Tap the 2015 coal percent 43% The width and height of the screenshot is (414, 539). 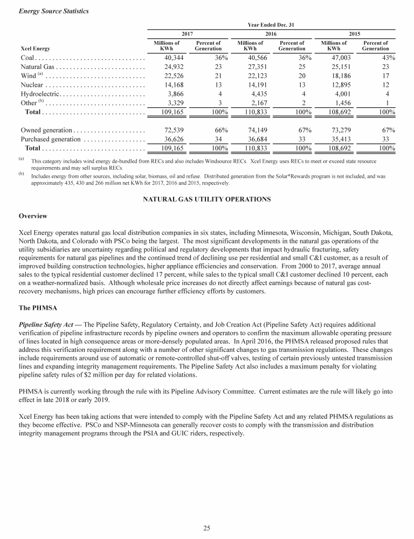[388, 58]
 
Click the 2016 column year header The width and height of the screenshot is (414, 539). [272, 33]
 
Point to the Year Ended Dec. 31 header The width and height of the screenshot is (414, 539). [271, 24]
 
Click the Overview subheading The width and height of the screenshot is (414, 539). [33, 216]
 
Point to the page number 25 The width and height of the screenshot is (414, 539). [207, 528]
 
